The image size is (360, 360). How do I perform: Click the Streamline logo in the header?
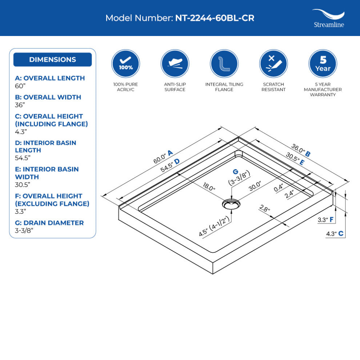tap(328, 18)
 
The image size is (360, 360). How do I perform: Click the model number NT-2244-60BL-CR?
tap(215, 18)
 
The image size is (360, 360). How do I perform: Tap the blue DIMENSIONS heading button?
tap(52, 60)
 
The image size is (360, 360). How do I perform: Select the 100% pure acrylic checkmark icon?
tap(125, 64)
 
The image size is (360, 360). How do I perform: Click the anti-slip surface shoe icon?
tap(175, 64)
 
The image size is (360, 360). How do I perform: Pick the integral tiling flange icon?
tap(224, 64)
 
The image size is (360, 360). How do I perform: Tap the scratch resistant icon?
tap(273, 64)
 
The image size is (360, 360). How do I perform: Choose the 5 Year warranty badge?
tap(323, 64)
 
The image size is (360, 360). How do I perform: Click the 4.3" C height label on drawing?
tap(335, 234)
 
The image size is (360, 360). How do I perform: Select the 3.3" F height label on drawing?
tap(325, 220)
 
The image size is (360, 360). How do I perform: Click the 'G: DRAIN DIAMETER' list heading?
tap(49, 223)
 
